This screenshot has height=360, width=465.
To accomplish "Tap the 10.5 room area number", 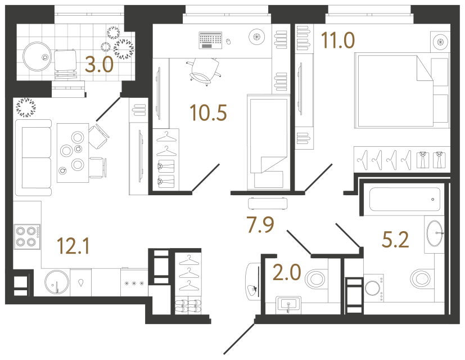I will click(208, 113).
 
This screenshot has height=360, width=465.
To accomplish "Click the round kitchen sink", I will click(55, 282).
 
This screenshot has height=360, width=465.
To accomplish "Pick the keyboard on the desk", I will click(210, 39).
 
